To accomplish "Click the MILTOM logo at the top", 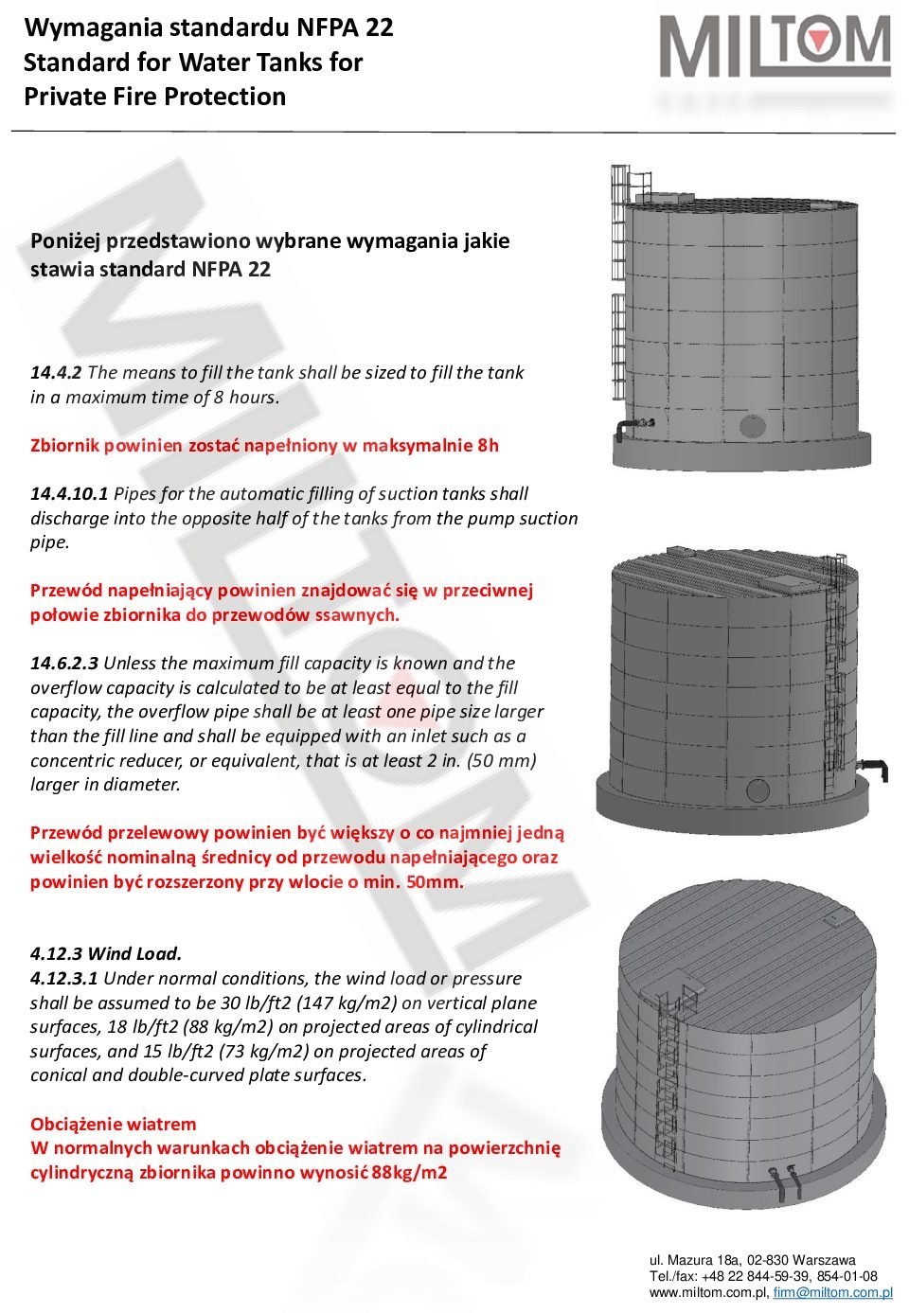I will tap(775, 47).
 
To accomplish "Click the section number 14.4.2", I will tap(56, 373).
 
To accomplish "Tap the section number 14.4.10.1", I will tap(69, 494).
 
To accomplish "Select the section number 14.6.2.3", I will tap(64, 664).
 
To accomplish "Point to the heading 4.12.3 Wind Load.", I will tap(106, 954).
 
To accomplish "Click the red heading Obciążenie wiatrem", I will tap(114, 1125).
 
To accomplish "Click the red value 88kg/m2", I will tap(409, 1173).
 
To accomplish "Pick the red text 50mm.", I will tap(435, 882).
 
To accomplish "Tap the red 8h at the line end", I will tap(488, 446).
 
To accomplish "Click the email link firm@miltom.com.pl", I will tap(832, 1293).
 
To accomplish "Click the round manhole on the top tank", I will tap(753, 425).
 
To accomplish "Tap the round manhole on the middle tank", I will tap(758, 790).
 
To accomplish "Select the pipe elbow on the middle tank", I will tap(876, 767).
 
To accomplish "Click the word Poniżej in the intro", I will tap(65, 241).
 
